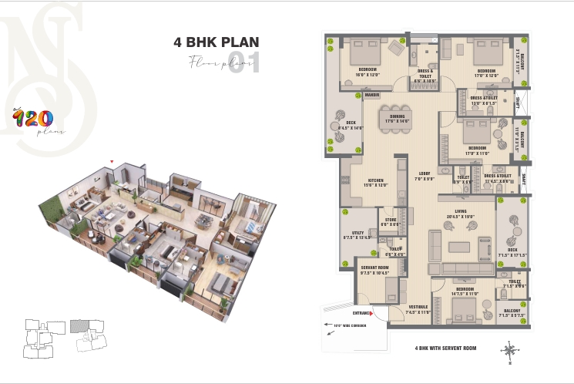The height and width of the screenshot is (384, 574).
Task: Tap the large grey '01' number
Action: pyautogui.click(x=244, y=64)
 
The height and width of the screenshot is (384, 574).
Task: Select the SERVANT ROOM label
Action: pyautogui.click(x=374, y=270)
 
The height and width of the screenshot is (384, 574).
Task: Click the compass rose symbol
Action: pyautogui.click(x=512, y=349)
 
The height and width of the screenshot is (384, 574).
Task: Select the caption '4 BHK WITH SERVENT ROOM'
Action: pyautogui.click(x=445, y=349)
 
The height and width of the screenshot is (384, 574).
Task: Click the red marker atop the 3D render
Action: pyautogui.click(x=112, y=162)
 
